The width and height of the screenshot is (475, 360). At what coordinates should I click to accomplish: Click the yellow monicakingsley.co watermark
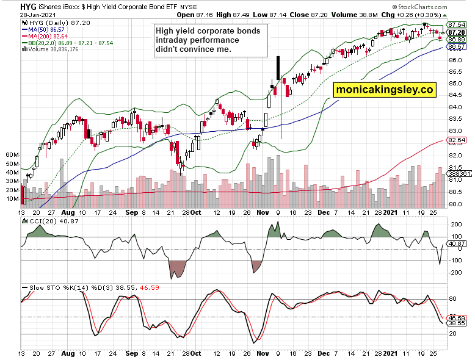coord(385,89)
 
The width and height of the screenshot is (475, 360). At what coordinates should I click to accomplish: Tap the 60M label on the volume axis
coord(12,155)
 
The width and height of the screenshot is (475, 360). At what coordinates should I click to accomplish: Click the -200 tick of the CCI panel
coord(455,272)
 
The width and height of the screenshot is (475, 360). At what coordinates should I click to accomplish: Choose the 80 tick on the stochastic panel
coord(453,299)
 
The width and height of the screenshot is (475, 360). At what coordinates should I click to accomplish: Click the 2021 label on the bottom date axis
coord(391,353)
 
